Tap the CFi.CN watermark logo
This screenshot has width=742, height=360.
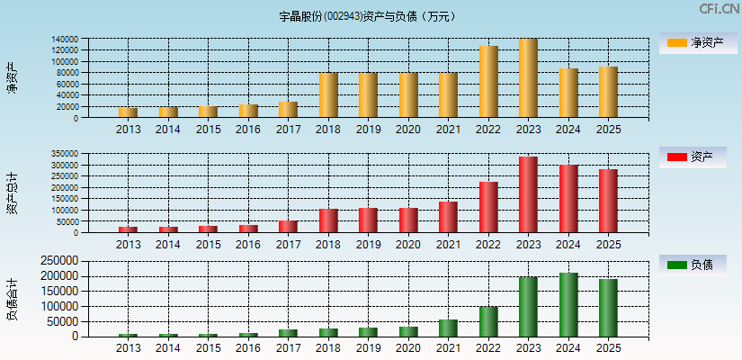coord(719,9)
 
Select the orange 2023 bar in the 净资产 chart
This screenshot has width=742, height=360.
coord(528,78)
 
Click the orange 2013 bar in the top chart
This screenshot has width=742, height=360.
coord(129,112)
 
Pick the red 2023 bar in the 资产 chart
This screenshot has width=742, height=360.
coord(528,194)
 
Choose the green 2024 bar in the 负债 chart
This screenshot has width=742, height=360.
coord(568,305)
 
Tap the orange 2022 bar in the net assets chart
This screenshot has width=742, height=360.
coord(488,82)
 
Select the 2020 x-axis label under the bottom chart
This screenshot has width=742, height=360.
coord(408,348)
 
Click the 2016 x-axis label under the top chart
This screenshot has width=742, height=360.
coord(248,130)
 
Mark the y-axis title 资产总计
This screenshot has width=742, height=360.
coord(12,193)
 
